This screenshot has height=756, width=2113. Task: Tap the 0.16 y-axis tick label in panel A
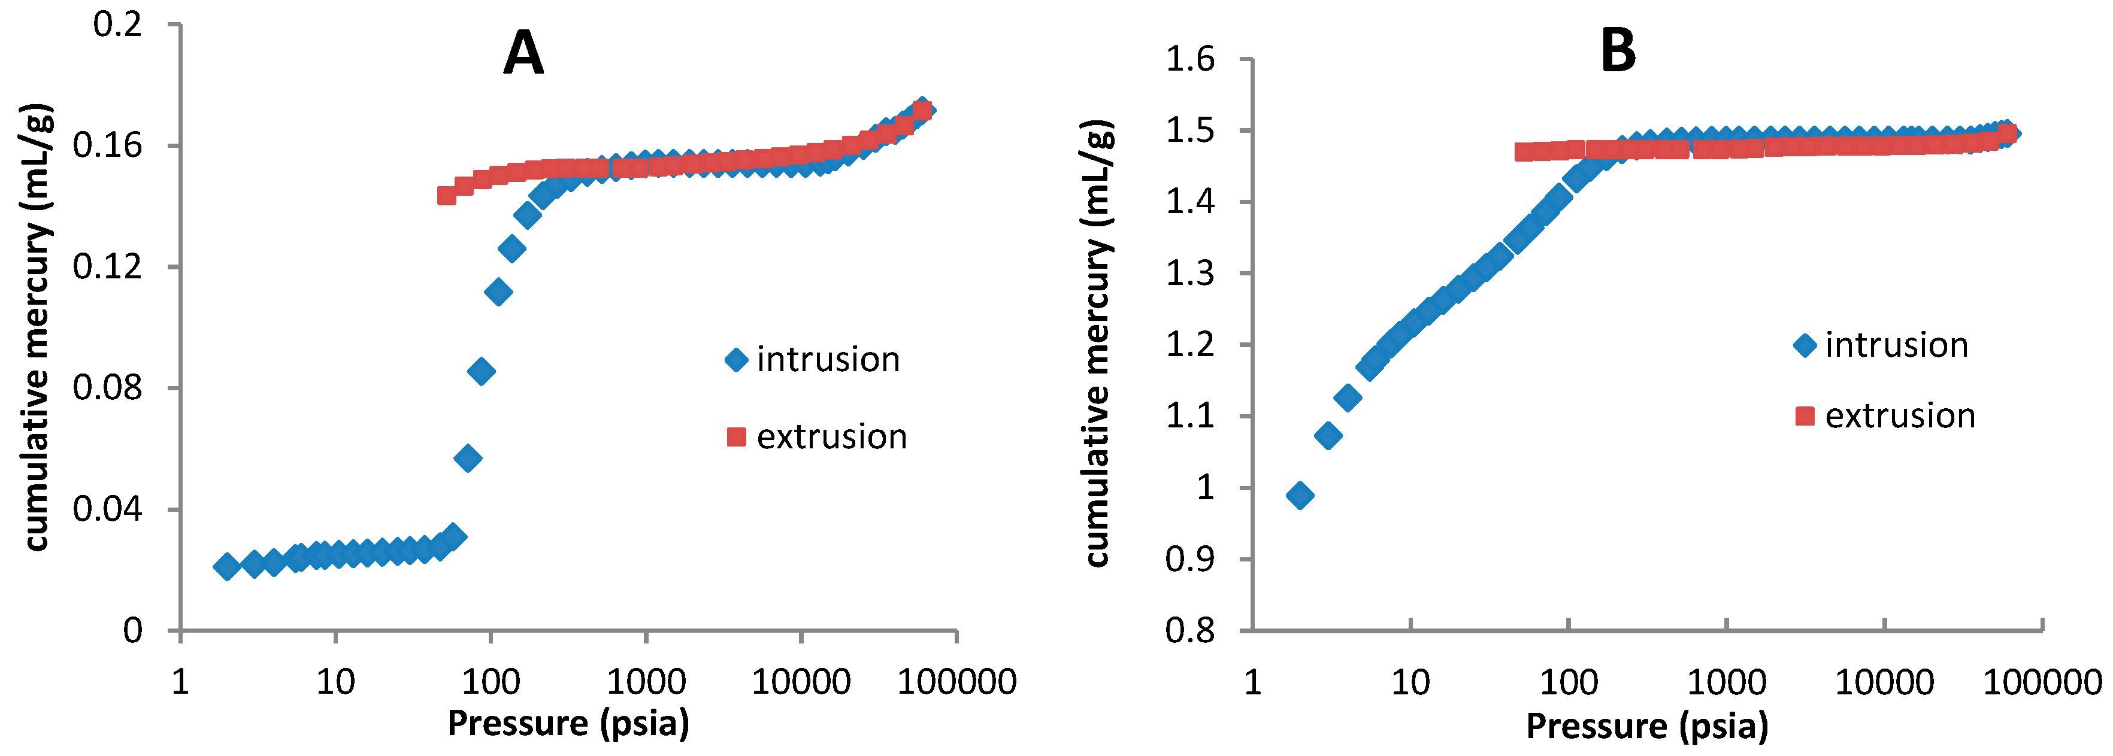(x=107, y=146)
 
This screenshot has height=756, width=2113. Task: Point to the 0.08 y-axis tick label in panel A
(x=107, y=387)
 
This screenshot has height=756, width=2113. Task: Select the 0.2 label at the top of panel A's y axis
(x=117, y=25)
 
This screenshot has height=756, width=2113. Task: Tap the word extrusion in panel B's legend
(x=1900, y=417)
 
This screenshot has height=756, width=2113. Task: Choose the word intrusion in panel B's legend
(x=1896, y=345)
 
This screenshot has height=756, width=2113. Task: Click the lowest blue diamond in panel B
(x=1300, y=495)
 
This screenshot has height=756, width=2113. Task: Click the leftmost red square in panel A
(x=446, y=195)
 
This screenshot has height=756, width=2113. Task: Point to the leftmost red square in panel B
(x=1523, y=151)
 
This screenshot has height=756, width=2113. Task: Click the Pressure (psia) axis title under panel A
(x=568, y=723)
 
